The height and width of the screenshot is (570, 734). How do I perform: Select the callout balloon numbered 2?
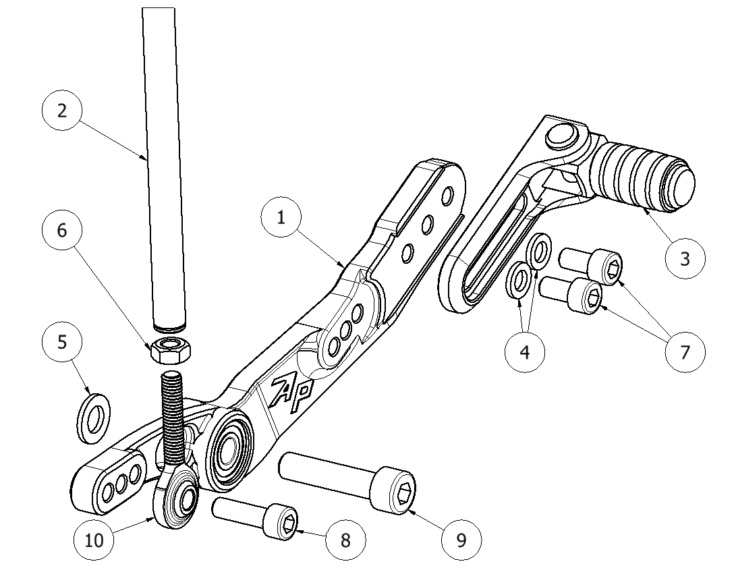[x=63, y=111]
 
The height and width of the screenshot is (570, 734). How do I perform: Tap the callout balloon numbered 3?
[x=685, y=258]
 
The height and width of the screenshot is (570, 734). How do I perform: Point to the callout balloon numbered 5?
[x=63, y=343]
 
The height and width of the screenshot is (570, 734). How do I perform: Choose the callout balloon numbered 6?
[x=63, y=230]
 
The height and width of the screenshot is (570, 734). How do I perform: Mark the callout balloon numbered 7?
[x=685, y=351]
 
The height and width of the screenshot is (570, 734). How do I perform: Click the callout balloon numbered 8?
[x=345, y=540]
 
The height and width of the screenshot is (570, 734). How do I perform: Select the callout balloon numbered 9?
[x=461, y=540]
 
